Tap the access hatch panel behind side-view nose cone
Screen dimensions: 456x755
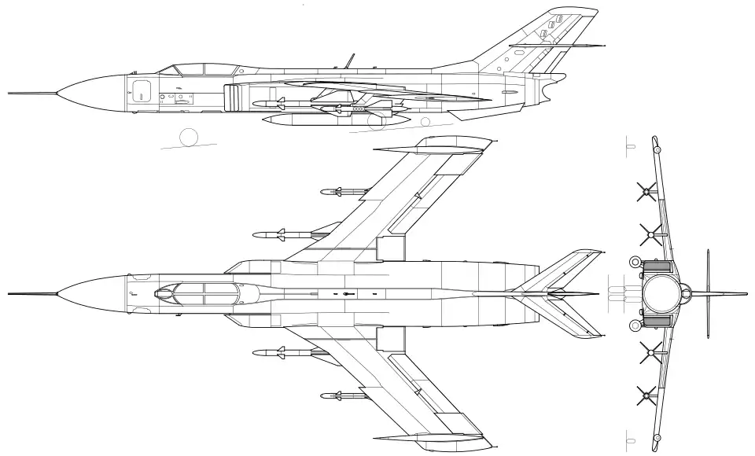142,90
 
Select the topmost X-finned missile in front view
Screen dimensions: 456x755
646,190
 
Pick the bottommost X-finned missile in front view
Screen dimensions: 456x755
646,395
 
